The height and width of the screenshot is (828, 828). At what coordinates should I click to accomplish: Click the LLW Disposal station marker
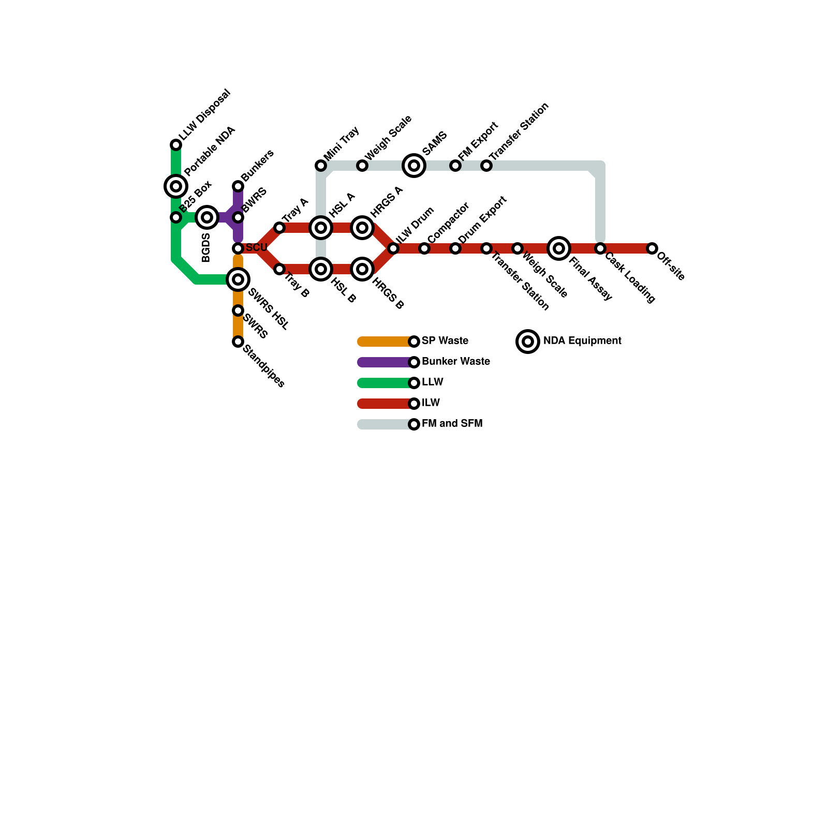coord(176,145)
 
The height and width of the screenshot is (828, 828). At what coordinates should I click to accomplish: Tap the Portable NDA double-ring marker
coord(176,186)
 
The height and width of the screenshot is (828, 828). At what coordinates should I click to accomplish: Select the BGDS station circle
coord(207,217)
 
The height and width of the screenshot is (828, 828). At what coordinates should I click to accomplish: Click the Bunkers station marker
coord(238,186)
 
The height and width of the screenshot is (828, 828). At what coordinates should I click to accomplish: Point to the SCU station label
coord(256,248)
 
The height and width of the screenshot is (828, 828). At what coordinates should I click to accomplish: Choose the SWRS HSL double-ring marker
coord(238,279)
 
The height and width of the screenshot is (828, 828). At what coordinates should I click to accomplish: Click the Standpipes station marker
coord(238,342)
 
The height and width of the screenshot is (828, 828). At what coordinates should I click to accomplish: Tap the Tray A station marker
coord(279,228)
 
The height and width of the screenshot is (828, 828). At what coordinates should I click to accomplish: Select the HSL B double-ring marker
coord(321,269)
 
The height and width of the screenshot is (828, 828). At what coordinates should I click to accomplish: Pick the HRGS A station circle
coord(362,228)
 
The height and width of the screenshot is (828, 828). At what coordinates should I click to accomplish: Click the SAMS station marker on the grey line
coord(414,166)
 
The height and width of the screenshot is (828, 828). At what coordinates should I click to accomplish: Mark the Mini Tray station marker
coord(321,166)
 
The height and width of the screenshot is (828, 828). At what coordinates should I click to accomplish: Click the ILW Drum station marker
coord(393,248)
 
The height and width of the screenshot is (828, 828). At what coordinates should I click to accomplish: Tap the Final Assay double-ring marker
coord(559,248)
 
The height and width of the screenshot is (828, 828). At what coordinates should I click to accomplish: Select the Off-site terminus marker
coord(652,248)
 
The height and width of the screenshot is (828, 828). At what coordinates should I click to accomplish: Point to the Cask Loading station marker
coord(600,248)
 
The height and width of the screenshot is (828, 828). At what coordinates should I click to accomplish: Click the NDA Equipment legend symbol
coord(528,342)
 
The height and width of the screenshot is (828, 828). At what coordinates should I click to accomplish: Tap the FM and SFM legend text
coord(452,424)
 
